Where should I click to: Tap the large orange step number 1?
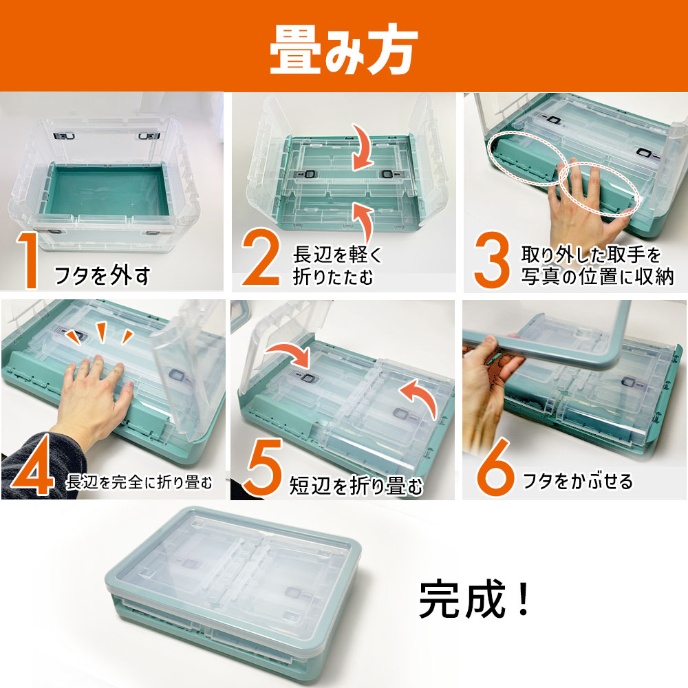coord(28,260)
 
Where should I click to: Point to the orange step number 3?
coord(491,260)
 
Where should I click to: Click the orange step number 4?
coord(33,466)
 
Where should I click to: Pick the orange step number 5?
coord(263,467)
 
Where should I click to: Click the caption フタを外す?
coord(103,275)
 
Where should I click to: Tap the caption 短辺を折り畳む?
coord(356,486)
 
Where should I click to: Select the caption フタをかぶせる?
coord(578,481)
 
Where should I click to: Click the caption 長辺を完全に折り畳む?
coord(140,482)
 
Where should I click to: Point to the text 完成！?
coord(475,599)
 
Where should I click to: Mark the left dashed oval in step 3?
coord(525,158)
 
